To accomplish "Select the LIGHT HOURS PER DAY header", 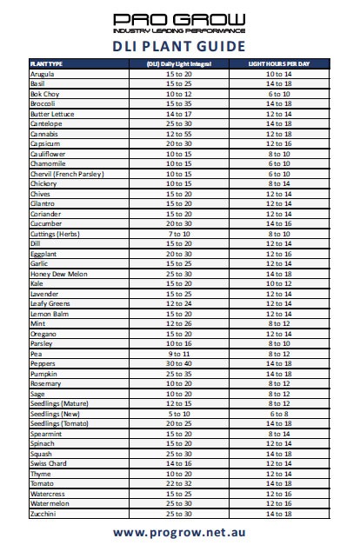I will (279, 64).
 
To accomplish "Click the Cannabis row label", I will (44, 135).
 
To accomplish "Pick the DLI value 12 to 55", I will (178, 135).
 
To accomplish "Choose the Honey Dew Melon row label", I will (57, 274).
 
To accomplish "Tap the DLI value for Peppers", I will (178, 363).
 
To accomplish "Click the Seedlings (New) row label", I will (53, 413).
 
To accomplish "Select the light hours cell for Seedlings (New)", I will (279, 413).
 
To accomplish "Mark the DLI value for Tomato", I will (178, 483).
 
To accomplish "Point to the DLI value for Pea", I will (178, 354).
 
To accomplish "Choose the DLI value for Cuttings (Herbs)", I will (178, 234).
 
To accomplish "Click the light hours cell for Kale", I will (279, 283).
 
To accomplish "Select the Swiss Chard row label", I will (49, 463).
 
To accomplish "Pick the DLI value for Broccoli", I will (178, 104).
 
